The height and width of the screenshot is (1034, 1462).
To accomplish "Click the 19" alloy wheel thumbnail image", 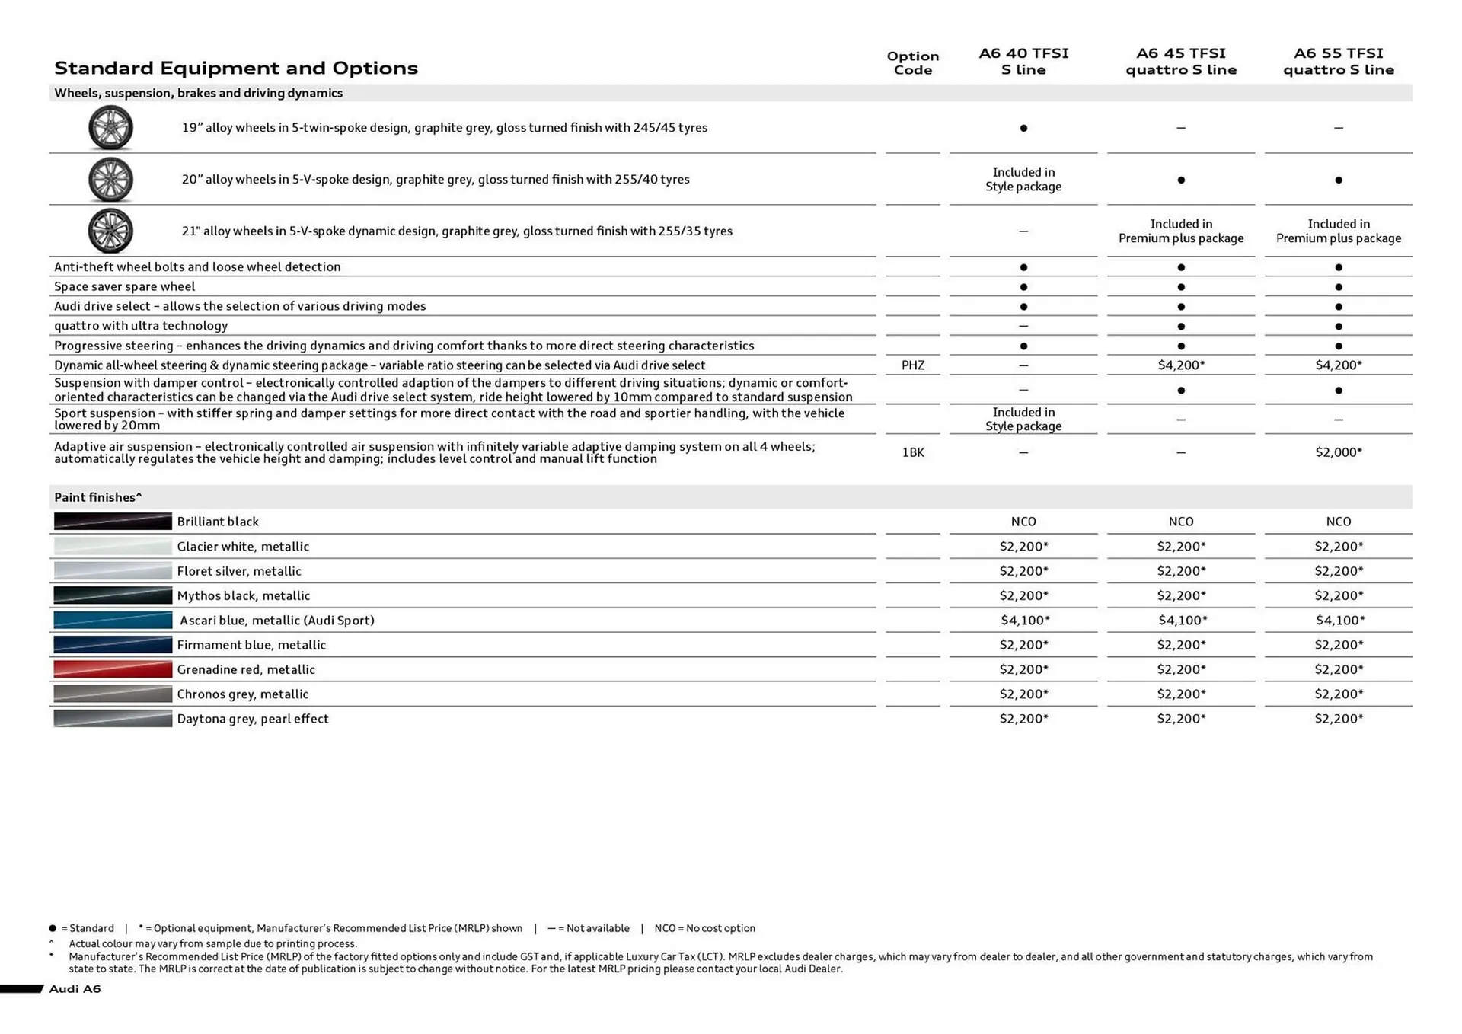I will pos(110,128).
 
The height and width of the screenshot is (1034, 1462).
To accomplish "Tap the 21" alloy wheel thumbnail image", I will pos(110,231).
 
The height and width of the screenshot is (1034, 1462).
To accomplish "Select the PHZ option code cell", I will pos(912,365).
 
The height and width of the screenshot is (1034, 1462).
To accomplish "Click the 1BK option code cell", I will pos(912,452).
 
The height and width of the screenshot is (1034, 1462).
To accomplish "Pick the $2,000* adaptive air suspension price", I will pos(1338,452).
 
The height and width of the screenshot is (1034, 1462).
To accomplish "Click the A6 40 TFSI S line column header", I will pos(1023,61).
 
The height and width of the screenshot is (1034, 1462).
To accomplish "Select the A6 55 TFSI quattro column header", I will pos(1338,61).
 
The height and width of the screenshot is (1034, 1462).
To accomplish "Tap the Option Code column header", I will pos(912,62).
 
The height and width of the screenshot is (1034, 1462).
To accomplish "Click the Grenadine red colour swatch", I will pos(113,669).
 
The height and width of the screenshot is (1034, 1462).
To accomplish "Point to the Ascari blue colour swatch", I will pos(113,620).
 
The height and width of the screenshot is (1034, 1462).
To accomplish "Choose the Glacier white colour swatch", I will pos(113,546).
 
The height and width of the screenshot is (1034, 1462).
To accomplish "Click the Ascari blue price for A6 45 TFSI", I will pos(1182,620).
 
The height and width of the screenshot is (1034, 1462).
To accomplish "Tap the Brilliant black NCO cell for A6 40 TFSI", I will pos(1023,522).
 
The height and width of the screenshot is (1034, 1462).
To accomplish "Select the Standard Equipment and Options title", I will pos(236,68).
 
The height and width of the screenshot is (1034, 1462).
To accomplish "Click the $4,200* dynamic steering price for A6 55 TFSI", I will pos(1338,365).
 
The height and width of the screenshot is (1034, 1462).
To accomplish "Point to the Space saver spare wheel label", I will pos(124,286).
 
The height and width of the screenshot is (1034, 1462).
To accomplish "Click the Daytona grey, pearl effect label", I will pos(252,719).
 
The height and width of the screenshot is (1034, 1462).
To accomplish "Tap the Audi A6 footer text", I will pos(75,988).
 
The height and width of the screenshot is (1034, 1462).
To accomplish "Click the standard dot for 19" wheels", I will pos(1023,128).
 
